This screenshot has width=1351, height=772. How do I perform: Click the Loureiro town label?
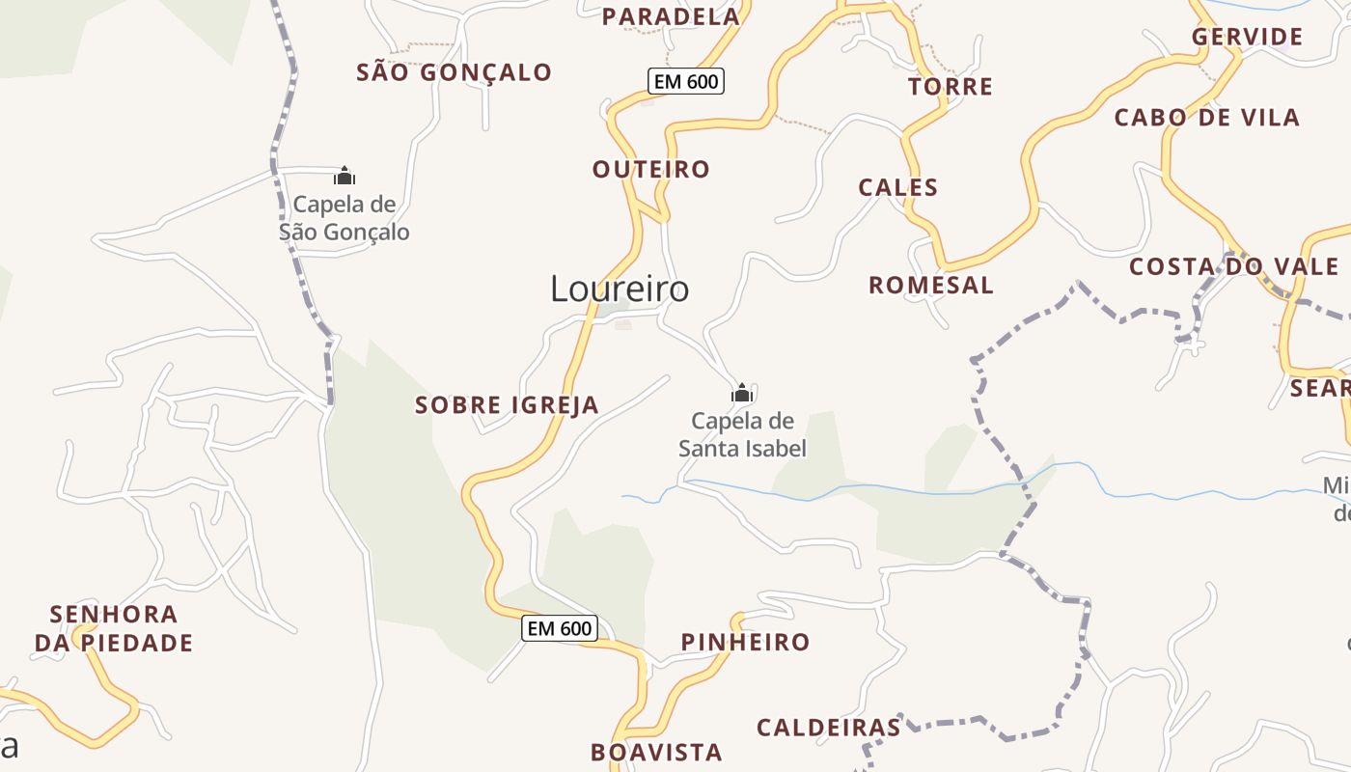click(x=620, y=289)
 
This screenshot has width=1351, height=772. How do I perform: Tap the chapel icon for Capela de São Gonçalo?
click(x=345, y=176)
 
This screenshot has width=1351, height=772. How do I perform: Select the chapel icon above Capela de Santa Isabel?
click(x=741, y=393)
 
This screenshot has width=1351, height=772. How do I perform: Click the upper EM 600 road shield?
click(x=686, y=82)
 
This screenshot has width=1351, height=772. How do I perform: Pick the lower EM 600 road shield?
click(x=560, y=629)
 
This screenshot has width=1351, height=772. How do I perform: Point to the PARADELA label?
click(x=671, y=16)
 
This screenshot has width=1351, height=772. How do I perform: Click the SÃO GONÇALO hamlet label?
click(x=454, y=72)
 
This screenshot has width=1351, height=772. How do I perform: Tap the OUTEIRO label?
click(x=651, y=170)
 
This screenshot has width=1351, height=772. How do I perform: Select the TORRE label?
click(x=951, y=87)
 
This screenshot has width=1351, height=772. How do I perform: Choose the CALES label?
click(x=898, y=187)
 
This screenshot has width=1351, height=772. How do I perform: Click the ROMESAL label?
click(x=931, y=286)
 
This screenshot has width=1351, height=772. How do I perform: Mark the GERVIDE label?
click(x=1248, y=38)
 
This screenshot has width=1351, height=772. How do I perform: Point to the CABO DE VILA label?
click(x=1207, y=118)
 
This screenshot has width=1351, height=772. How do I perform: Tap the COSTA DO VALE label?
click(x=1234, y=267)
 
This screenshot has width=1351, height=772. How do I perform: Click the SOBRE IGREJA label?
click(x=507, y=405)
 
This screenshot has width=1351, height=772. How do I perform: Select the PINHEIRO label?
click(x=746, y=643)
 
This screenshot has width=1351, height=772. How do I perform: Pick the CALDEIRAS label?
click(x=829, y=728)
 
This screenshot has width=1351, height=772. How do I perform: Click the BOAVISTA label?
click(x=656, y=753)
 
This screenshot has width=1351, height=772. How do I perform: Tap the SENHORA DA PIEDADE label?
click(x=114, y=628)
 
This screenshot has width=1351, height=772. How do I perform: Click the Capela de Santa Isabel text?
click(x=742, y=434)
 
